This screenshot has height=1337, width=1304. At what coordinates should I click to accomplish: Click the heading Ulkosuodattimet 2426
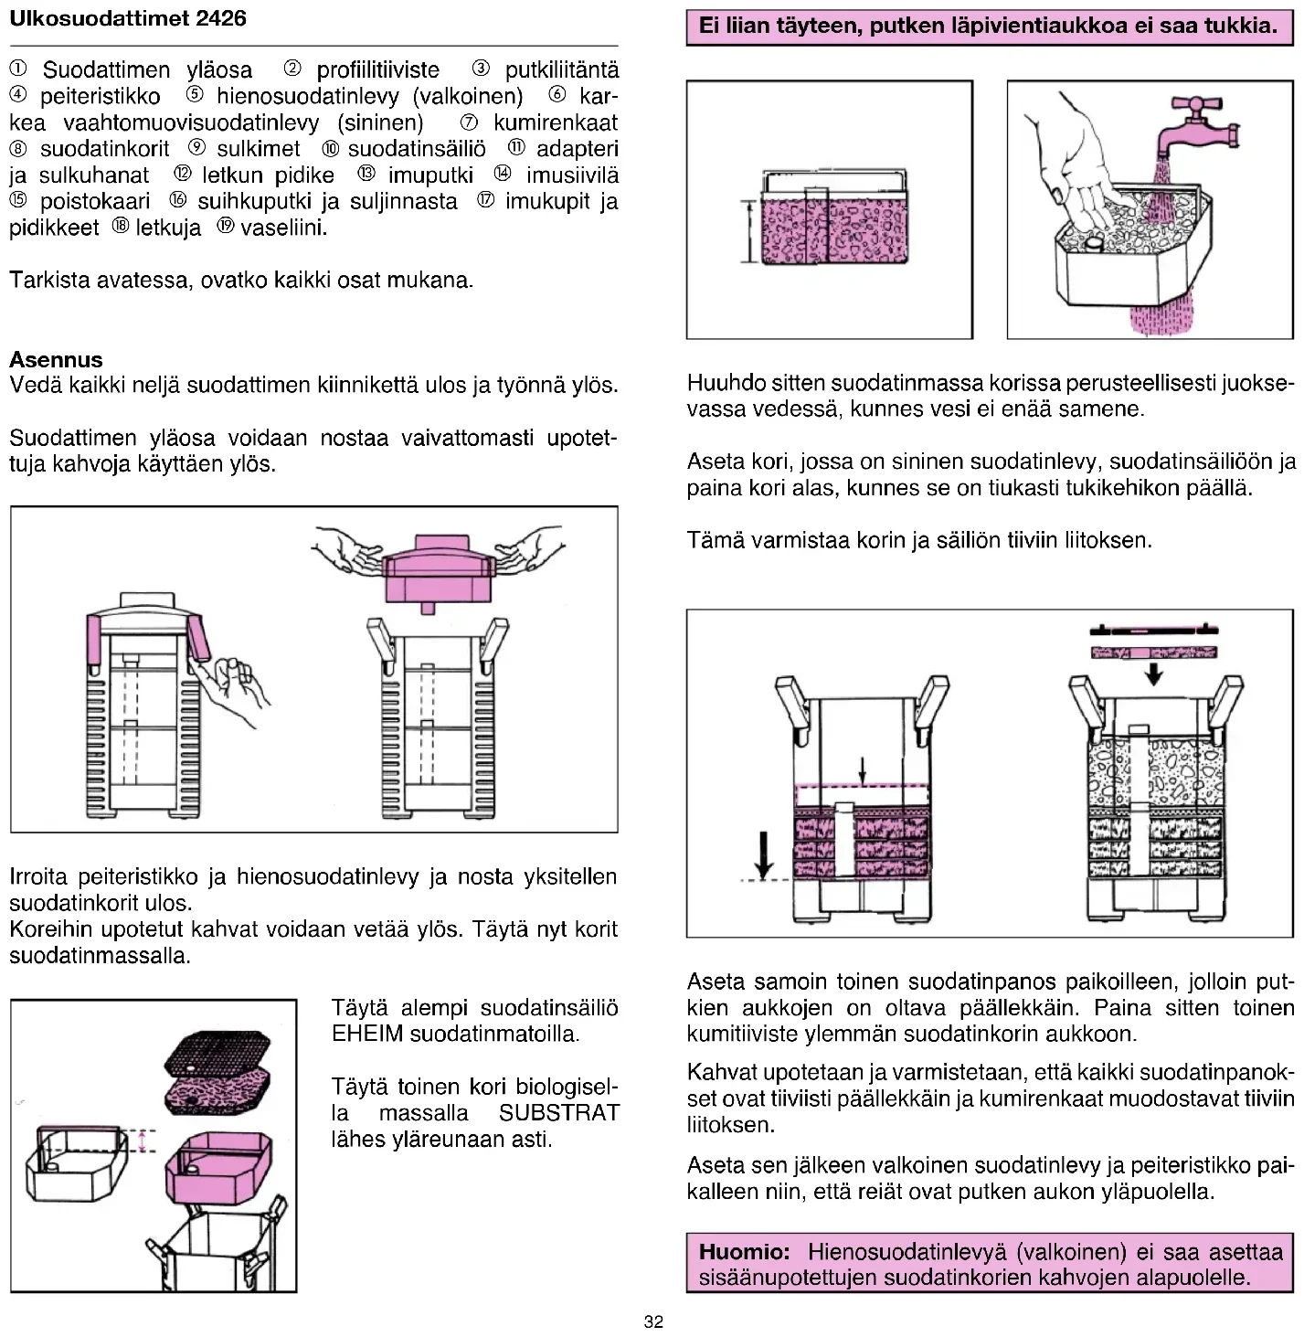(x=127, y=18)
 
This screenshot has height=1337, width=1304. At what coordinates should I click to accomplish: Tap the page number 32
(x=652, y=1321)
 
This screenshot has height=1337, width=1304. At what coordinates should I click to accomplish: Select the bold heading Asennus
(x=56, y=359)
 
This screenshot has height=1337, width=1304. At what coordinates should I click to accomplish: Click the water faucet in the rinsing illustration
(x=1197, y=123)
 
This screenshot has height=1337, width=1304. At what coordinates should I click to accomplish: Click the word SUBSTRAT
(x=559, y=1113)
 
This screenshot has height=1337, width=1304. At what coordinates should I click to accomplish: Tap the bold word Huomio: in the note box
(x=744, y=1251)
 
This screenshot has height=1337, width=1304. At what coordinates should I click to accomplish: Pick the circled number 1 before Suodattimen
(x=18, y=69)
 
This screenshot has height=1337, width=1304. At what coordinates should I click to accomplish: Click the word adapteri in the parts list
(x=577, y=149)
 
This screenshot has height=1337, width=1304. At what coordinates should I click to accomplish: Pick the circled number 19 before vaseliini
(x=225, y=228)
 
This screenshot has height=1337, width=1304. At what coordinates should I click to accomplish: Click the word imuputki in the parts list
(x=430, y=175)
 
